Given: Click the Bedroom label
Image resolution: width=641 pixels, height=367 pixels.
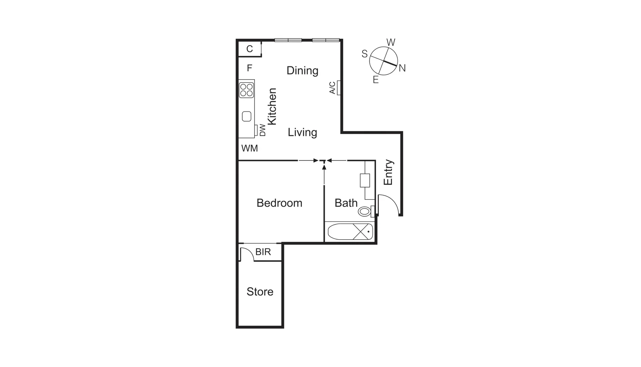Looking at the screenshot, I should click(x=279, y=203).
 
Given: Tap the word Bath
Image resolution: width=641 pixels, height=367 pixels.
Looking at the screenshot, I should click(x=346, y=203).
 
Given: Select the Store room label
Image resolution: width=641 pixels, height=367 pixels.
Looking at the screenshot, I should click(x=260, y=292).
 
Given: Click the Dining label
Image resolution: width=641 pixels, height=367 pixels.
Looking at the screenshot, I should click(x=302, y=70).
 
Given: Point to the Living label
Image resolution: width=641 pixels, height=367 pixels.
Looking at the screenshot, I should click(x=302, y=132).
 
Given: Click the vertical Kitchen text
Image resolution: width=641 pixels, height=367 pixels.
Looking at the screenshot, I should click(x=272, y=106).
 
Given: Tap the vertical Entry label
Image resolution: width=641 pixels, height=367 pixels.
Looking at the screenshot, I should click(x=388, y=172).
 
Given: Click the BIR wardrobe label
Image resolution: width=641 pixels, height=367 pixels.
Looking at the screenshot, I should click(x=263, y=252).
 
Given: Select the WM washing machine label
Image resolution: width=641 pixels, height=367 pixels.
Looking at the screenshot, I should click(x=249, y=148).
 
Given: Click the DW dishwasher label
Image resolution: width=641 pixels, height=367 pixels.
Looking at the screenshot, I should click(x=262, y=130).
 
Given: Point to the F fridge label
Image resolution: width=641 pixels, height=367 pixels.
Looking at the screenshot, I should click(x=249, y=68).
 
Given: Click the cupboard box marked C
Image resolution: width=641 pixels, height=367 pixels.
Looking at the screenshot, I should click(x=249, y=49).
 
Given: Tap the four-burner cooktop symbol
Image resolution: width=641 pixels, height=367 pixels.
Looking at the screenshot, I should click(x=246, y=89).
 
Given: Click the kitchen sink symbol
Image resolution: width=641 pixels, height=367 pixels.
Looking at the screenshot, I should click(x=247, y=117).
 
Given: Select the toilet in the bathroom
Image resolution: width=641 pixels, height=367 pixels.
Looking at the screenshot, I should click(x=364, y=212).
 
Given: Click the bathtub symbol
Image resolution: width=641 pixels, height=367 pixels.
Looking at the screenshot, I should click(x=350, y=232).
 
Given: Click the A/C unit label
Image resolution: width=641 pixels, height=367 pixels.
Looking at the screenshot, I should click(x=333, y=88).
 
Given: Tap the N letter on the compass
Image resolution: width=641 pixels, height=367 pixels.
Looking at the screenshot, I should click(x=402, y=68).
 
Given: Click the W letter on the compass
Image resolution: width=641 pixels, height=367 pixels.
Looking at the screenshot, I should click(x=391, y=42).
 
